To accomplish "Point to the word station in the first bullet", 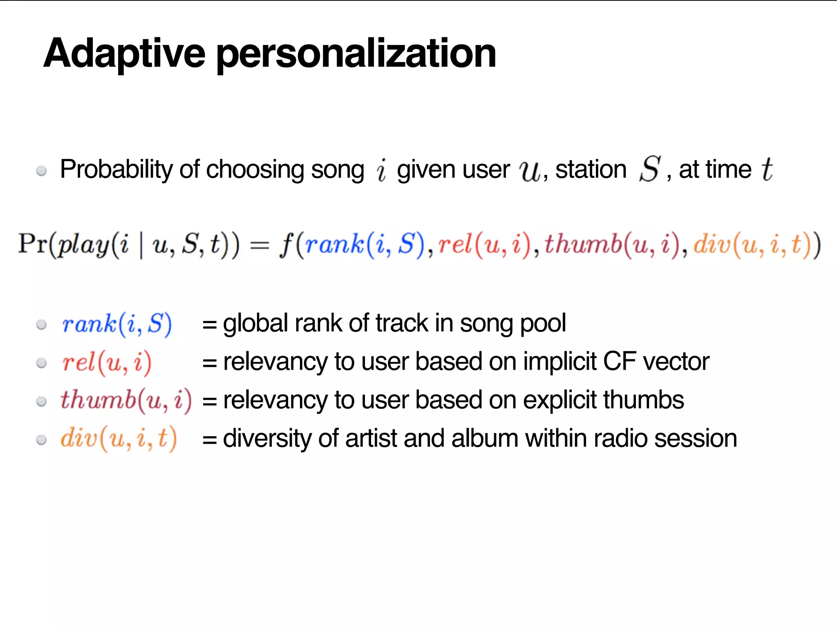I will (x=591, y=169).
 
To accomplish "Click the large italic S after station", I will (x=650, y=168).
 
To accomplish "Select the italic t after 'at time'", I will (x=767, y=169).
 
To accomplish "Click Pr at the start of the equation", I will (x=33, y=244).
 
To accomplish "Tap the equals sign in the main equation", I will (x=260, y=246).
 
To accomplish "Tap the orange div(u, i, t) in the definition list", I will (x=119, y=439).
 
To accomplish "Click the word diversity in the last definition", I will (x=267, y=438).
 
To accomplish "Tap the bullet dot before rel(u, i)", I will (x=41, y=363).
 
